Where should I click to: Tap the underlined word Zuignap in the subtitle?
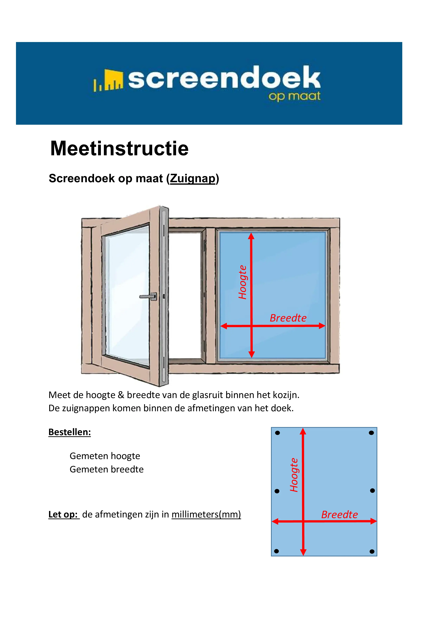coord(193,179)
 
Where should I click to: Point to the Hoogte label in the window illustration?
coord(243,282)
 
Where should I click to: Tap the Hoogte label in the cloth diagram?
coord(294,475)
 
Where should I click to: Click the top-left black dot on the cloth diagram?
coord(278,433)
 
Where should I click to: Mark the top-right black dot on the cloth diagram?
coord(371,433)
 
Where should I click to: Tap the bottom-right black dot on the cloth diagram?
coord(372,552)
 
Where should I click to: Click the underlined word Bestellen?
coord(70,432)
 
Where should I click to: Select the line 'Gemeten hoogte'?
coord(105,456)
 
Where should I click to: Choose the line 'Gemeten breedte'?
coord(107,469)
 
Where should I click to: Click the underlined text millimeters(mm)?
coord(206,514)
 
